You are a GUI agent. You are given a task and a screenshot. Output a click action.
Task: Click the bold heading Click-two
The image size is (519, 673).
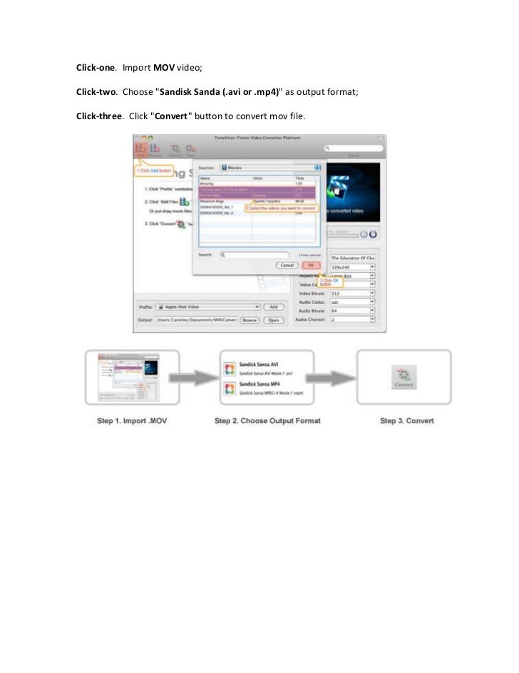coord(96,92)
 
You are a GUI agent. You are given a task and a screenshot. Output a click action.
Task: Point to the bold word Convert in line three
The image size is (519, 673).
coord(171,116)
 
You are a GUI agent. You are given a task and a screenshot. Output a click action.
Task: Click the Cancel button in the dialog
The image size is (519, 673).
coord(287,265)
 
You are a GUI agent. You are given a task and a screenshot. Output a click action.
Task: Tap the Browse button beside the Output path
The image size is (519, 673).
coord(249,320)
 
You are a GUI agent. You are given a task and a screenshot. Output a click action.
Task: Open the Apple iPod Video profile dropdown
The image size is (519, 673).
coord(207,307)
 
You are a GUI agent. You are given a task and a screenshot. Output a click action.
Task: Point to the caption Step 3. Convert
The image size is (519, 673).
coord(407,421)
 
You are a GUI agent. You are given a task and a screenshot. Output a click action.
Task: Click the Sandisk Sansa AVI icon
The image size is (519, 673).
coord(230,368)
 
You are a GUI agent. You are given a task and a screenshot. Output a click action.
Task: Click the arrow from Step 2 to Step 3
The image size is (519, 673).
coord(334,378)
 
